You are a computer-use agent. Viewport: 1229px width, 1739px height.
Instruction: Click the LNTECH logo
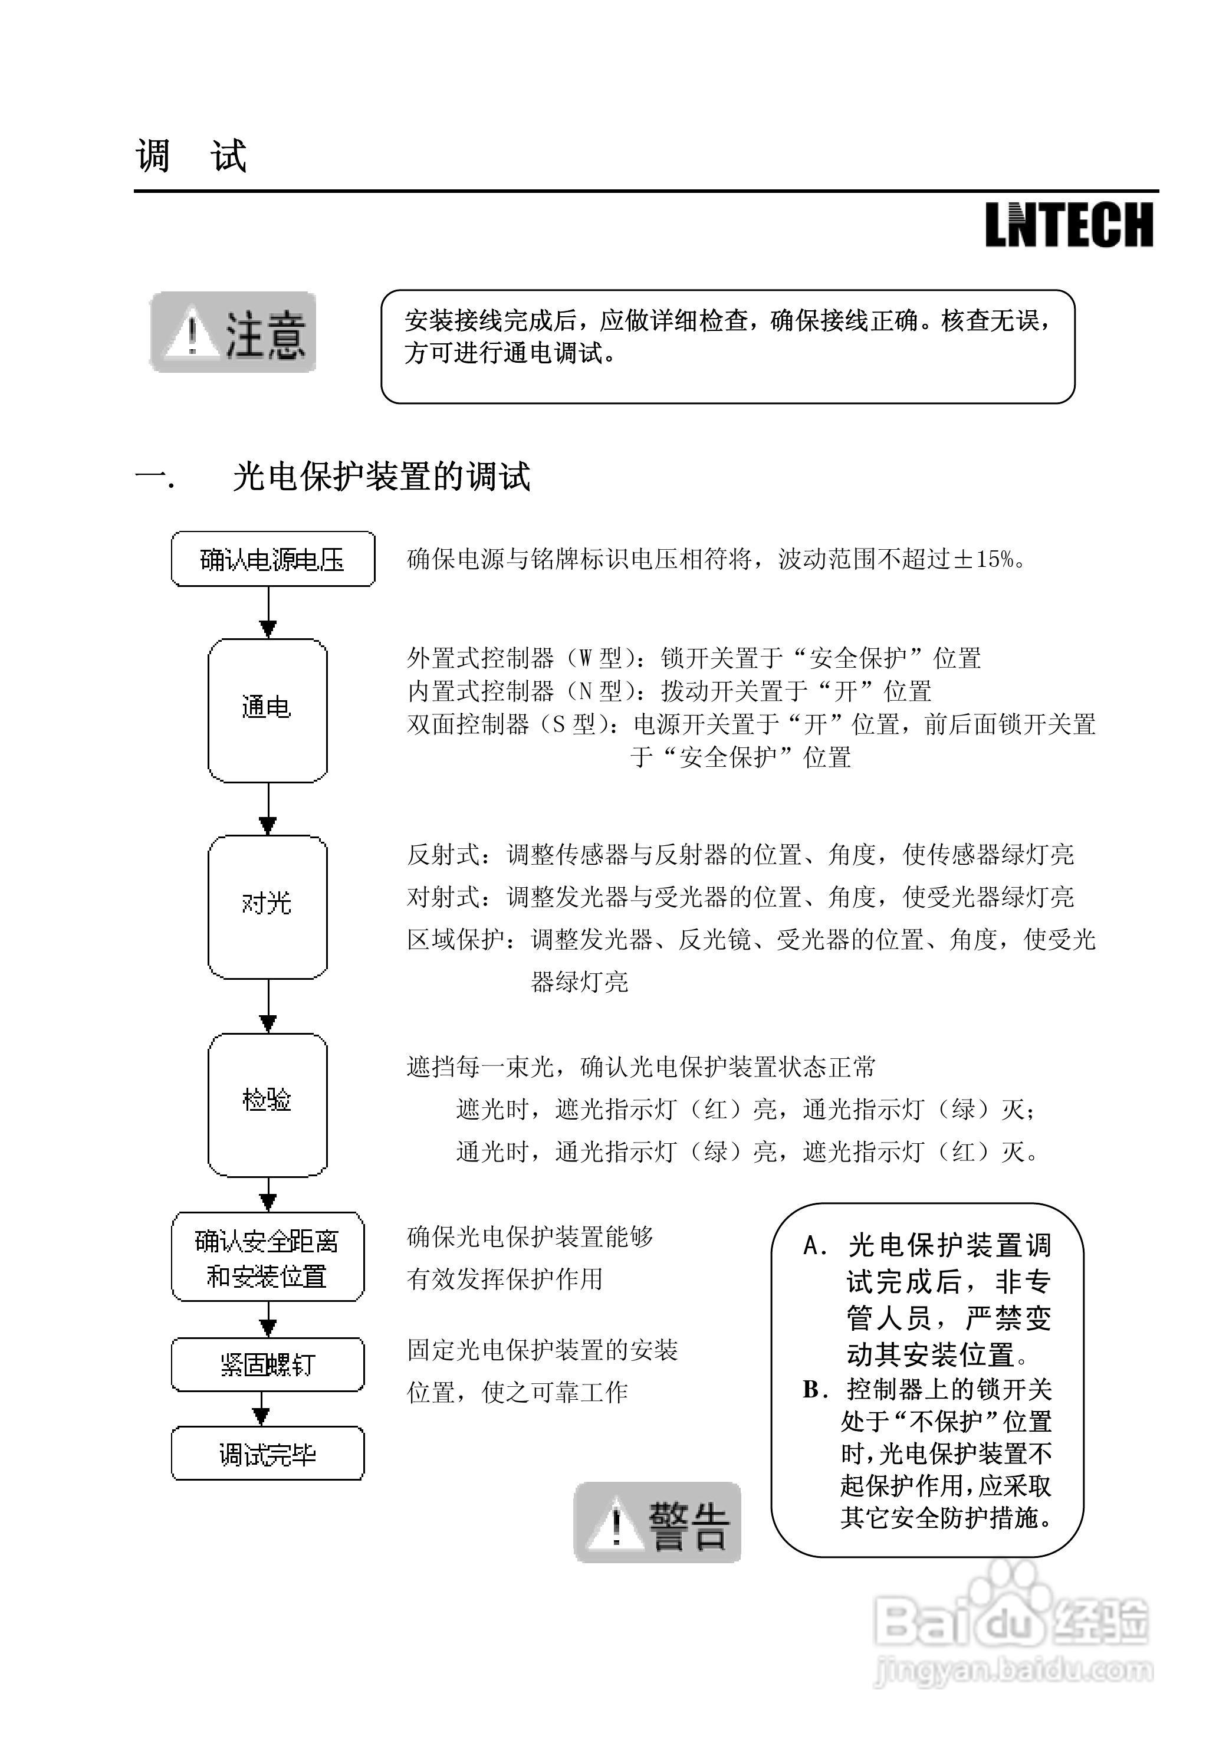[x=1069, y=225]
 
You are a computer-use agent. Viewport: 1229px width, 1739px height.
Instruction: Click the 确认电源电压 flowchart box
[x=272, y=560]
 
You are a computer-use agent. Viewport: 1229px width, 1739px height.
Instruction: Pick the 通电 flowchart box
[x=267, y=710]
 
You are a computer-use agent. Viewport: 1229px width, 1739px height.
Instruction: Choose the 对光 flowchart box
[x=267, y=907]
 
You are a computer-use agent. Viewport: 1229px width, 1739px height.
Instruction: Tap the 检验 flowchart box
[x=267, y=1104]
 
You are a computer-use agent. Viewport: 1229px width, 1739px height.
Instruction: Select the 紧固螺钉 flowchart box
[x=267, y=1366]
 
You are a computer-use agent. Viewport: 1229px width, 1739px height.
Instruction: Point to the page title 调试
[x=191, y=156]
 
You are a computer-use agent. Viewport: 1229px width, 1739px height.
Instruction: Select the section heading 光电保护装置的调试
[x=381, y=477]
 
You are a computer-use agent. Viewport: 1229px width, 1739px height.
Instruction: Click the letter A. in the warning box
[x=815, y=1245]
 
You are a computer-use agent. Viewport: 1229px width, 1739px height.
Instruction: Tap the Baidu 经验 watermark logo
[x=1011, y=1622]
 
